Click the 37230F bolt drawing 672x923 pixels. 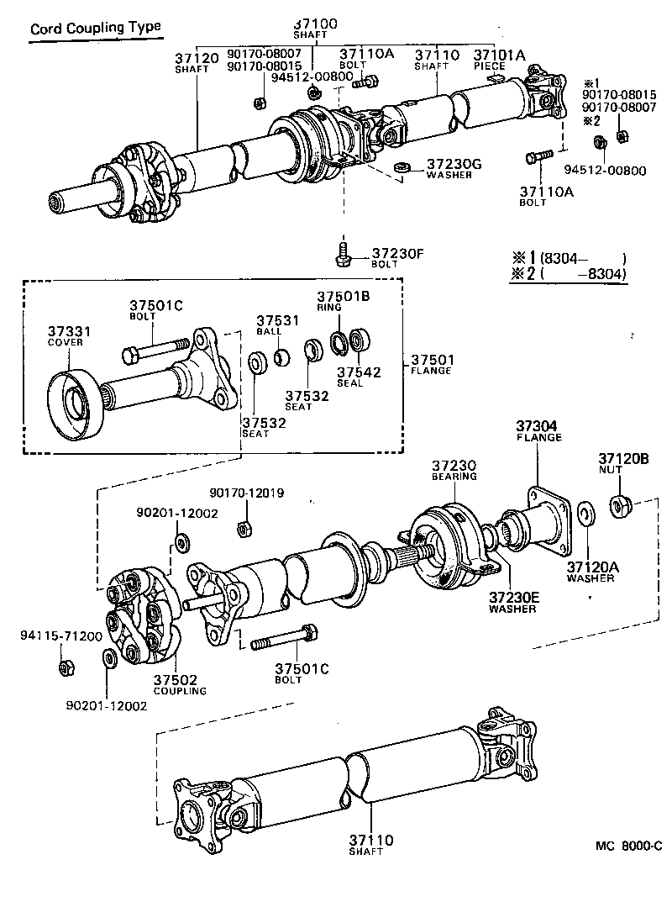(343, 254)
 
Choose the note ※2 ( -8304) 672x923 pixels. (570, 273)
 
